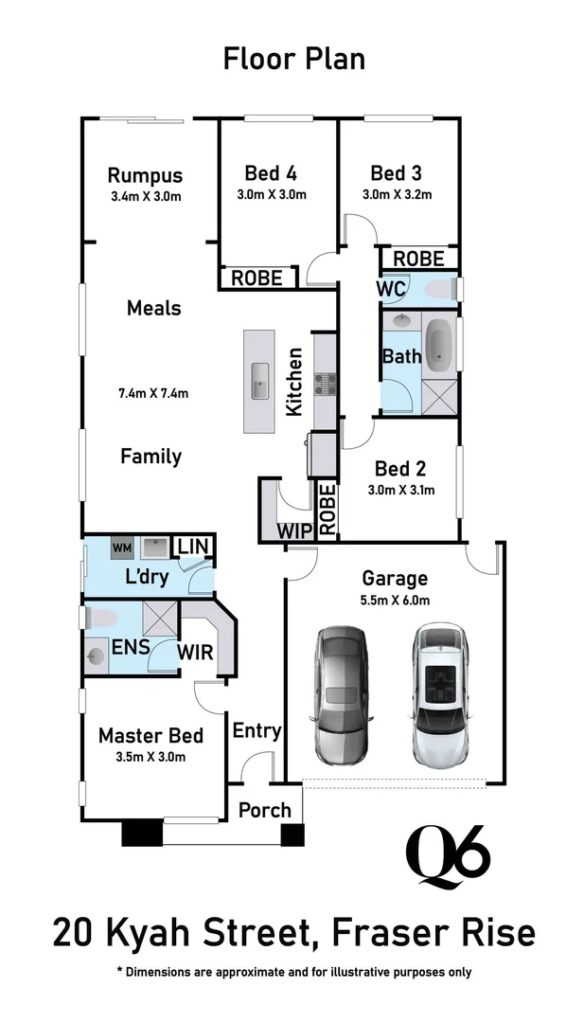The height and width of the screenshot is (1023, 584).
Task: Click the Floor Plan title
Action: (x=293, y=59)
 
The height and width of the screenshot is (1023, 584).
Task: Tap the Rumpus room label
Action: (x=145, y=175)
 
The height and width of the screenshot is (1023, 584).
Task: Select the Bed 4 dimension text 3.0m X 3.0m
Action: (x=272, y=195)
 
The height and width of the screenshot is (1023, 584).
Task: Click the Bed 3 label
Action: (x=396, y=173)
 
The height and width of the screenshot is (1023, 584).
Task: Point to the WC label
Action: (x=392, y=288)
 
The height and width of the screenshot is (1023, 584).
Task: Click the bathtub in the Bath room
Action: (x=439, y=345)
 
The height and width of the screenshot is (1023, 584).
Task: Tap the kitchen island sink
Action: (x=259, y=386)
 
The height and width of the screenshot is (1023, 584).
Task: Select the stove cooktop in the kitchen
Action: (x=327, y=385)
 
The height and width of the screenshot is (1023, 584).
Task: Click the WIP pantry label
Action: (x=294, y=530)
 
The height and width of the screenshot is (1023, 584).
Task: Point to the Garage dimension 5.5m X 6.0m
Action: (x=395, y=600)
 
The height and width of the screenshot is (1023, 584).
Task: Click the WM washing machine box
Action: (x=122, y=547)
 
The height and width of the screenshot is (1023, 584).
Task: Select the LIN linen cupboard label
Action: (x=193, y=547)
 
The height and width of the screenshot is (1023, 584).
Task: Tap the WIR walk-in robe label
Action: (x=195, y=652)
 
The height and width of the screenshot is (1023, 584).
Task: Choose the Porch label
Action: (x=264, y=811)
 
